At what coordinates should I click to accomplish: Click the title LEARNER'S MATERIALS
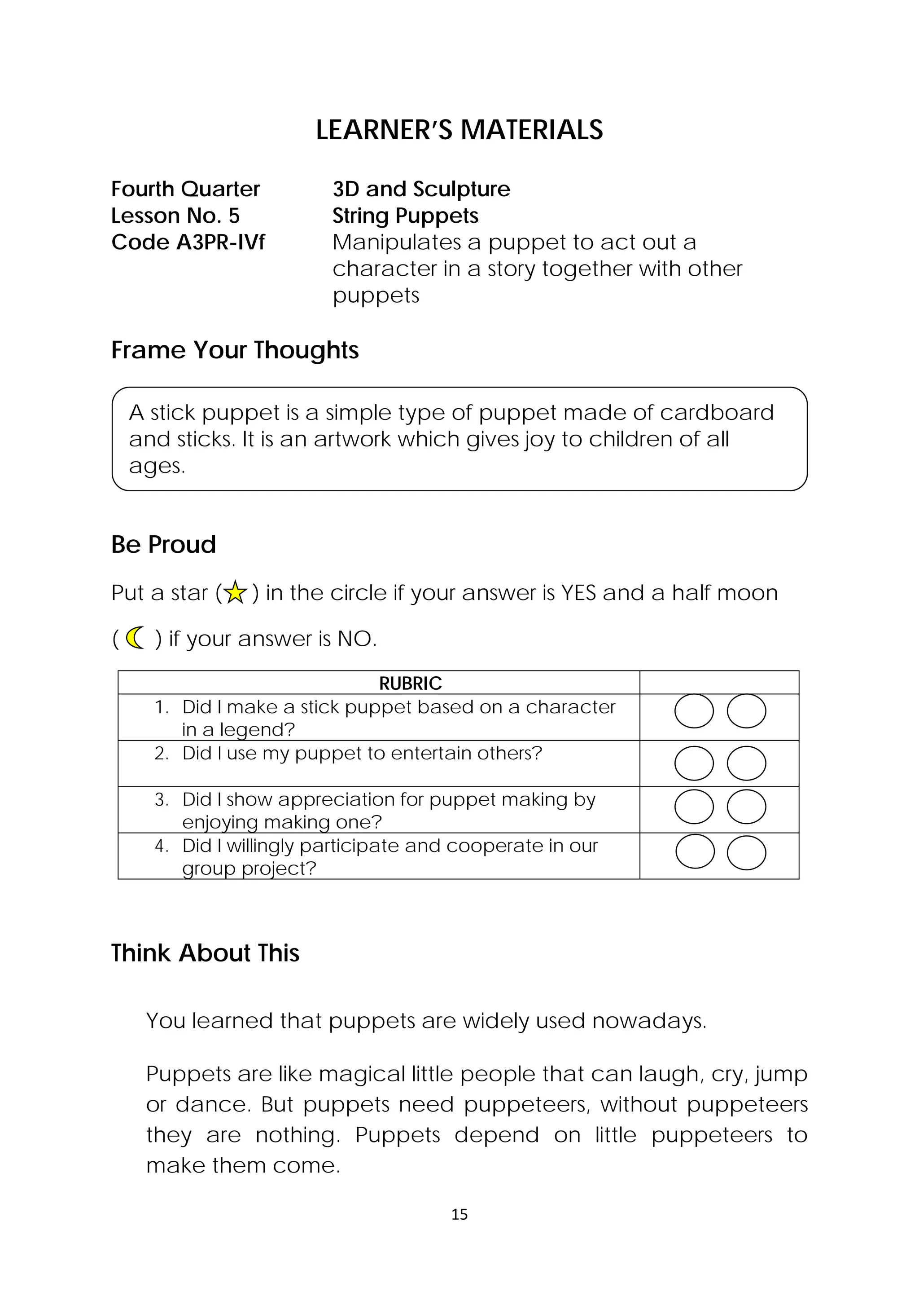(459, 130)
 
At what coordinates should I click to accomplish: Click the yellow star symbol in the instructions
(235, 593)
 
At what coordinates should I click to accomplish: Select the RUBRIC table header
(410, 684)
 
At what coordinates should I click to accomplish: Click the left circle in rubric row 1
(694, 711)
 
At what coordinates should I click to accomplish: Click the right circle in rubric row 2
(746, 763)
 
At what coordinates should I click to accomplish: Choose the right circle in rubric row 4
(746, 853)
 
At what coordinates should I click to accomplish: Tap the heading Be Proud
(164, 545)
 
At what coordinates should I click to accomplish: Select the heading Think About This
(205, 953)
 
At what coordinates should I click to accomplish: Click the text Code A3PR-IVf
(188, 243)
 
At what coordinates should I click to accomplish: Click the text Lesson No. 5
(175, 216)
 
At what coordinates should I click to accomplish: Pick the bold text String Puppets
(405, 216)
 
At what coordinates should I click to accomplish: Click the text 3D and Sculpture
(421, 189)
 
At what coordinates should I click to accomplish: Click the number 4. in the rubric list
(162, 846)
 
